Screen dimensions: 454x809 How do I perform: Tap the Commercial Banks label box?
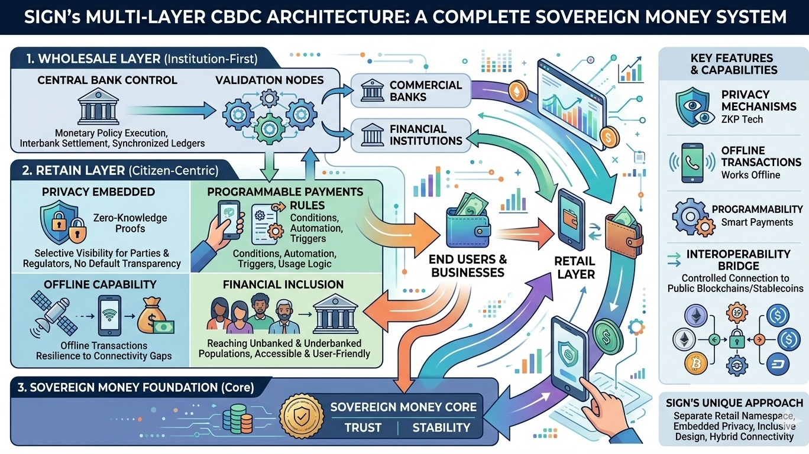(410, 91)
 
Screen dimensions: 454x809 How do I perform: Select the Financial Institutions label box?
(410, 135)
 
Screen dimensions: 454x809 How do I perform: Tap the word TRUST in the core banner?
(363, 427)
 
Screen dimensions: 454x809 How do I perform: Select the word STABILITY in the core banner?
(441, 427)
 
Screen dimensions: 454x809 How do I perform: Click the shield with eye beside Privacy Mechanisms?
(692, 106)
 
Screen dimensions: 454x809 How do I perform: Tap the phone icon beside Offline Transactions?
(692, 163)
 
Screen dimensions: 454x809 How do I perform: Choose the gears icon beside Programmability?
(691, 216)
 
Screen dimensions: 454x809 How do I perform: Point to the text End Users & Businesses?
(468, 266)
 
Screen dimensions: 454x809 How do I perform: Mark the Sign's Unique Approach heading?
(734, 403)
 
